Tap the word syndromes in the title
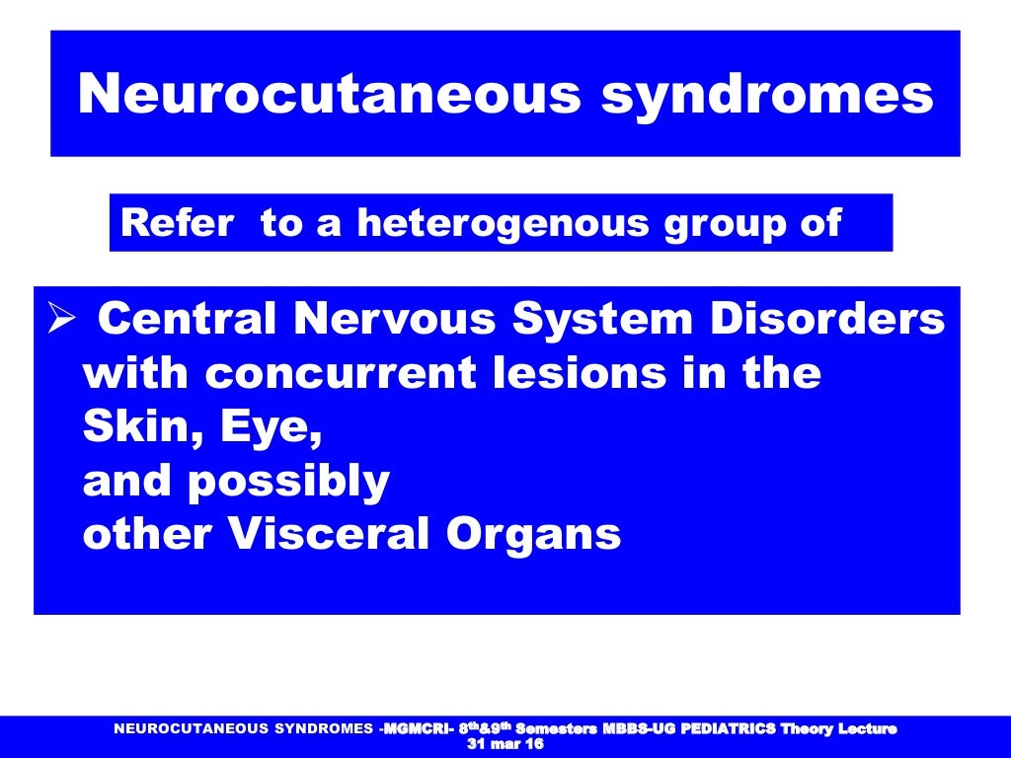768,95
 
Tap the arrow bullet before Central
62,320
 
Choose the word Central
190,320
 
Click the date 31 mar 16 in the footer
504,744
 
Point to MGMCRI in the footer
415,729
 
